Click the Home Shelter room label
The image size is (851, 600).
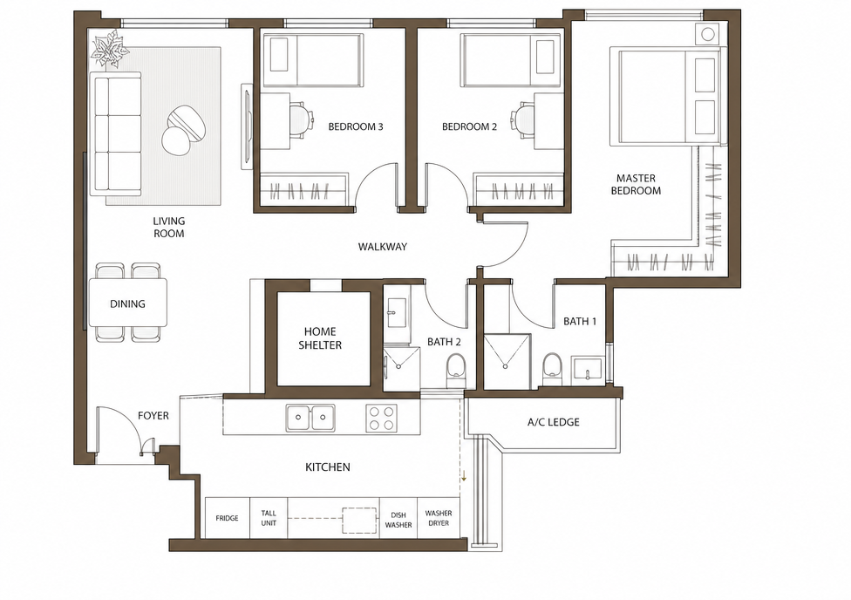(320, 337)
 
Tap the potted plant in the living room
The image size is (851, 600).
(112, 50)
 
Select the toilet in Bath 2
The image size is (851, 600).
(456, 371)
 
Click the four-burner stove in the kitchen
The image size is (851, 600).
(381, 418)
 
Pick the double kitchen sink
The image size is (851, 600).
(310, 417)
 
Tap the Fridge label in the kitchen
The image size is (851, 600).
(227, 518)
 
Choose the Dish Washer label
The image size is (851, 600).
(398, 520)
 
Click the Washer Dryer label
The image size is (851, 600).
(439, 517)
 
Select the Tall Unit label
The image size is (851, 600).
(269, 517)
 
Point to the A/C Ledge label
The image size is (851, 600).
(553, 422)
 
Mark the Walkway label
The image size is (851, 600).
(383, 247)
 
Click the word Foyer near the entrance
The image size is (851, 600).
(153, 415)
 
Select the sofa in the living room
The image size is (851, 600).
(117, 134)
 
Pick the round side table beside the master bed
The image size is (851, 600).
(706, 34)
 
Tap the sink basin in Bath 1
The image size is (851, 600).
(587, 368)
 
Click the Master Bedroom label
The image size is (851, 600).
(636, 184)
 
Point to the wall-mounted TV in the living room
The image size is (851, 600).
(247, 126)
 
